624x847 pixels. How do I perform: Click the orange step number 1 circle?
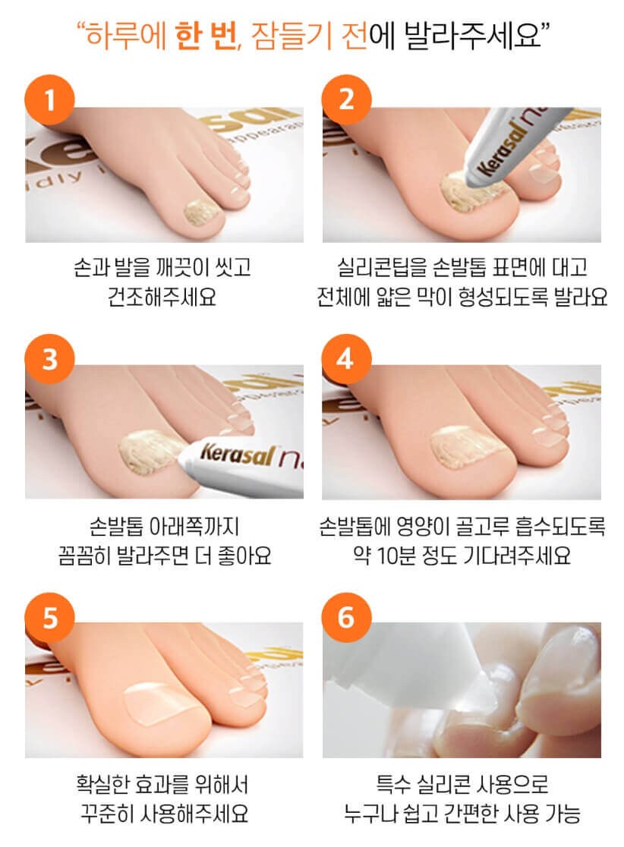[x=50, y=99]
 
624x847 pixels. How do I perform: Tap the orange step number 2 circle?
[x=346, y=99]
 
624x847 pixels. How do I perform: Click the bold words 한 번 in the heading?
[x=205, y=36]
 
